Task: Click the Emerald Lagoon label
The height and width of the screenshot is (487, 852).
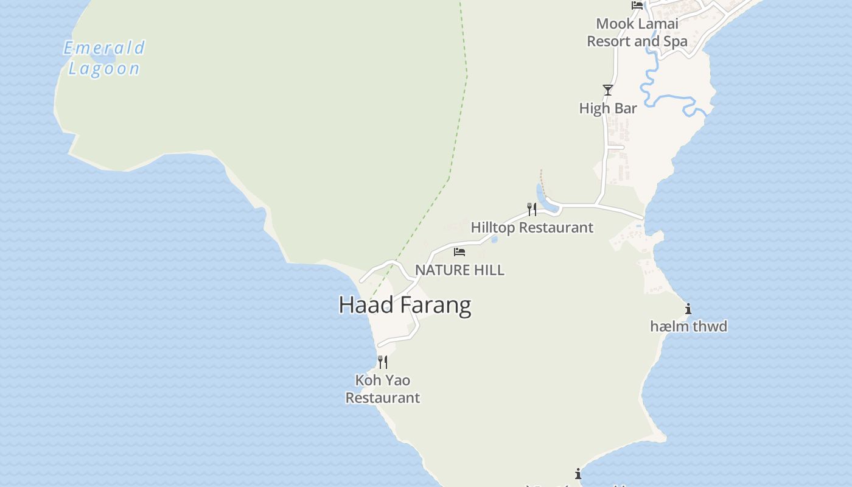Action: click(x=104, y=58)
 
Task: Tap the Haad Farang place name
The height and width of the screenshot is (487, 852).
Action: click(x=405, y=304)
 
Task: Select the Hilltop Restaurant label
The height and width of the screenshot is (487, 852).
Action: click(x=532, y=228)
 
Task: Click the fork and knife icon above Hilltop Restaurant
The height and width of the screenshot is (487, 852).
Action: click(x=532, y=209)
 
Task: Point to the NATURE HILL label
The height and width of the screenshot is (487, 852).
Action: click(x=459, y=270)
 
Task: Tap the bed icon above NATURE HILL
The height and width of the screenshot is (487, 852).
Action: click(x=459, y=251)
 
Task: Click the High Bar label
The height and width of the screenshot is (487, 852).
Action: click(x=608, y=108)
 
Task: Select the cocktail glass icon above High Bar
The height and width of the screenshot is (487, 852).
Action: click(x=608, y=90)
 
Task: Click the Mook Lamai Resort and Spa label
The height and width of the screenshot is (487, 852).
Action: click(x=637, y=33)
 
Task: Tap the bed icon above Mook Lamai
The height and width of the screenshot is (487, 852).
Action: click(x=637, y=5)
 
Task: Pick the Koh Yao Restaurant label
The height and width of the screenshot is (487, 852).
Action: click(x=383, y=389)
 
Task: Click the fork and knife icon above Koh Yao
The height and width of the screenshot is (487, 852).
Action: click(x=383, y=362)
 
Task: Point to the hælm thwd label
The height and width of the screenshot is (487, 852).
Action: click(x=688, y=326)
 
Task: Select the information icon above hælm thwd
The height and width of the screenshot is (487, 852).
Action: click(x=688, y=309)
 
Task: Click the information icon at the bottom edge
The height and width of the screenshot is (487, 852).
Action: click(x=578, y=474)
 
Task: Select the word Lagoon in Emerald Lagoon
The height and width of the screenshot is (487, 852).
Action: click(x=104, y=68)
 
